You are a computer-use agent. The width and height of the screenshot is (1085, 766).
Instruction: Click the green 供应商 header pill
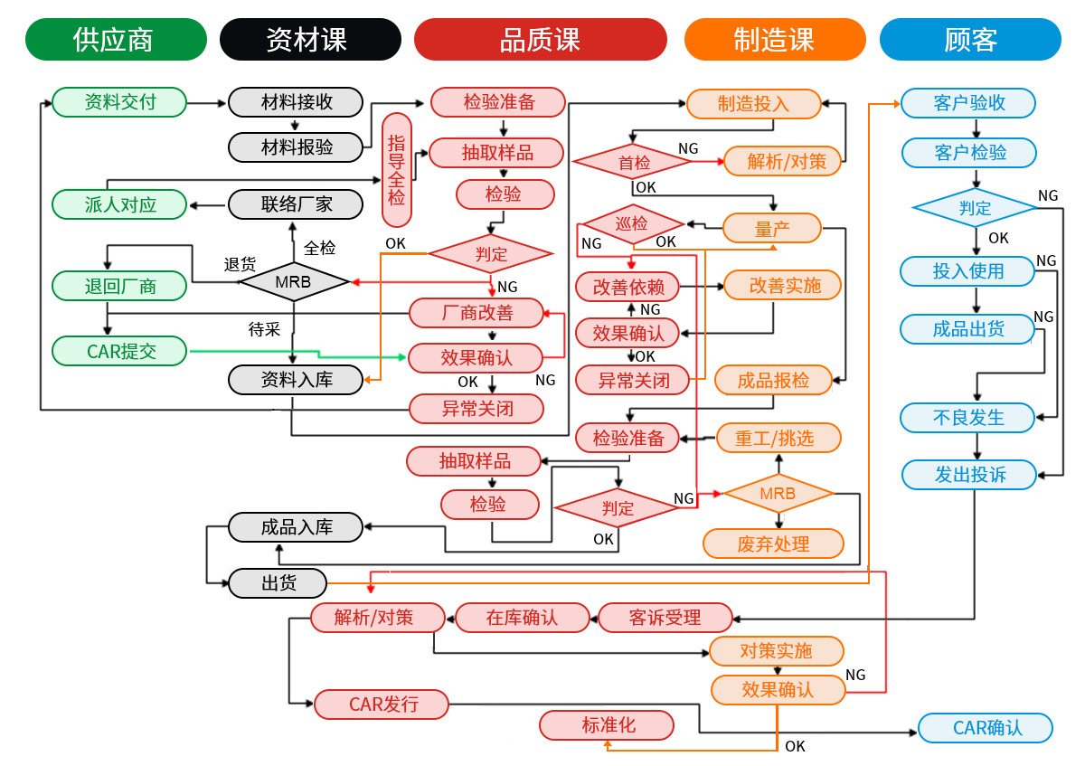[116, 39]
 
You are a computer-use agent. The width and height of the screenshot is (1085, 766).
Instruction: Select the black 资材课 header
[310, 39]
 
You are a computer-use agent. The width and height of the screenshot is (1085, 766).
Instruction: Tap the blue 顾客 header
[970, 39]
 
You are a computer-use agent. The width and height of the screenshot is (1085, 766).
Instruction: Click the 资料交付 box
[119, 102]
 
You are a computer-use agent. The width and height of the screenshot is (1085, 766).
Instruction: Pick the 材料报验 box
[296, 147]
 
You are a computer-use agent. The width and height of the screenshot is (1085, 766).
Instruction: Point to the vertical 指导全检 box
[397, 170]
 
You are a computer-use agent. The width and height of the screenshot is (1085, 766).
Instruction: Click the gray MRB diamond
[294, 281]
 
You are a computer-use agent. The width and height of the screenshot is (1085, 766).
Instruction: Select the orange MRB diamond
[778, 494]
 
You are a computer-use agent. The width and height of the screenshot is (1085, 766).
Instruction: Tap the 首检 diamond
[632, 162]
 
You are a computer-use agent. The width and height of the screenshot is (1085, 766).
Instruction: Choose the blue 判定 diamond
[975, 208]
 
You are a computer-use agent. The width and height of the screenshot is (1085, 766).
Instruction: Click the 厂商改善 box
[476, 313]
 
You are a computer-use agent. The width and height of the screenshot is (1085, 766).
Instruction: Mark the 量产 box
[772, 228]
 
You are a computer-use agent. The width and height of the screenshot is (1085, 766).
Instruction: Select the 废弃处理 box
[774, 544]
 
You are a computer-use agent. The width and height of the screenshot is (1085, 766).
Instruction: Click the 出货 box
[278, 582]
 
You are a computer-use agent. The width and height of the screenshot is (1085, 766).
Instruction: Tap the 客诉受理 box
[665, 618]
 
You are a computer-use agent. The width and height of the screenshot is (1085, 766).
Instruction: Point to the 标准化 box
[607, 725]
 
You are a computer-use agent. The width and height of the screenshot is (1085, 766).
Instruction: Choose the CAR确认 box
[986, 728]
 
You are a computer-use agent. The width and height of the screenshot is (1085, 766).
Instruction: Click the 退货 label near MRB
[240, 265]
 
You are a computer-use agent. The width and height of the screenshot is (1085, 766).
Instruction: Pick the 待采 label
[264, 329]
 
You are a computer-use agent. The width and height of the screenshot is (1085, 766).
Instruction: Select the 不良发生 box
[967, 418]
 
